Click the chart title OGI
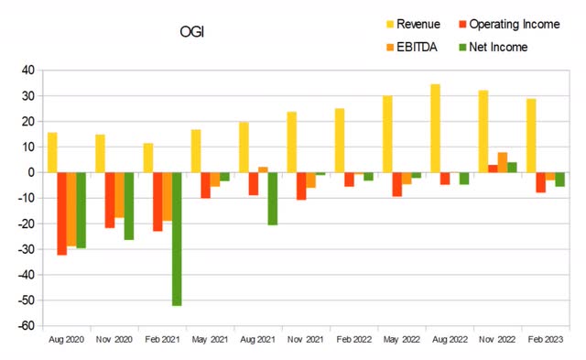click(191, 32)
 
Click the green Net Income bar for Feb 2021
click(176, 239)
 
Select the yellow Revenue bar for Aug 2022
click(435, 128)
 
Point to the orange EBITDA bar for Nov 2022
click(503, 162)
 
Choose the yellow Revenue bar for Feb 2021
click(148, 158)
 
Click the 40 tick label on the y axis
click(27, 71)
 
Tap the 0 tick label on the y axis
click(31, 173)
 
